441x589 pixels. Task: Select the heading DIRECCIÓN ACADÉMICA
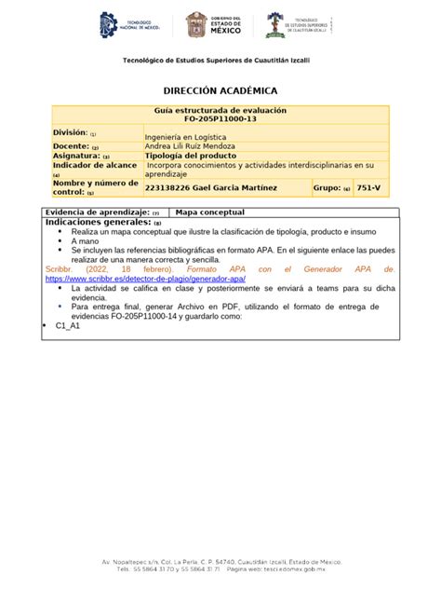pyautogui.click(x=220, y=91)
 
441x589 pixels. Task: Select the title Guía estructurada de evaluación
pyautogui.click(x=220, y=111)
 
